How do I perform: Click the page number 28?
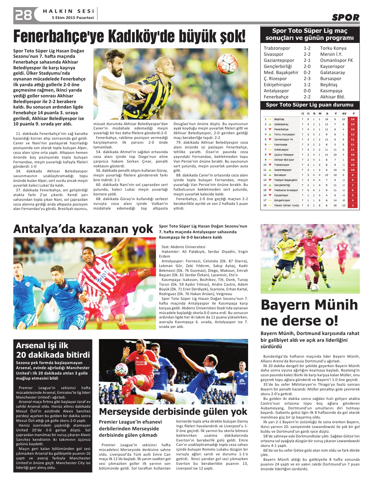(23, 15)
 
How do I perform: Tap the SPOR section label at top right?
(345, 17)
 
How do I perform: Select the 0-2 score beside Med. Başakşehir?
(307, 72)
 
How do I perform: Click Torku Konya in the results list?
(333, 48)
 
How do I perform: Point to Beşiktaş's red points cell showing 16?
(353, 119)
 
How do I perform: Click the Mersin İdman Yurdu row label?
(286, 205)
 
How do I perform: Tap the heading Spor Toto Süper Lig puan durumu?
(309, 105)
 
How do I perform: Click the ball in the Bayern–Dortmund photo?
(314, 288)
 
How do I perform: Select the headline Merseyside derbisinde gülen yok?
(173, 411)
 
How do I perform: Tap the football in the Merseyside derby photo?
(121, 370)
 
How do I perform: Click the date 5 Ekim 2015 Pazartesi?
(73, 18)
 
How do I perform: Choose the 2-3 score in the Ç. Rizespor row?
(307, 78)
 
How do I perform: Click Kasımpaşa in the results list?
(331, 91)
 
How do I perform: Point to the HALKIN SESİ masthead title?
(68, 11)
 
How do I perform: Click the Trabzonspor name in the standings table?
(282, 165)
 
